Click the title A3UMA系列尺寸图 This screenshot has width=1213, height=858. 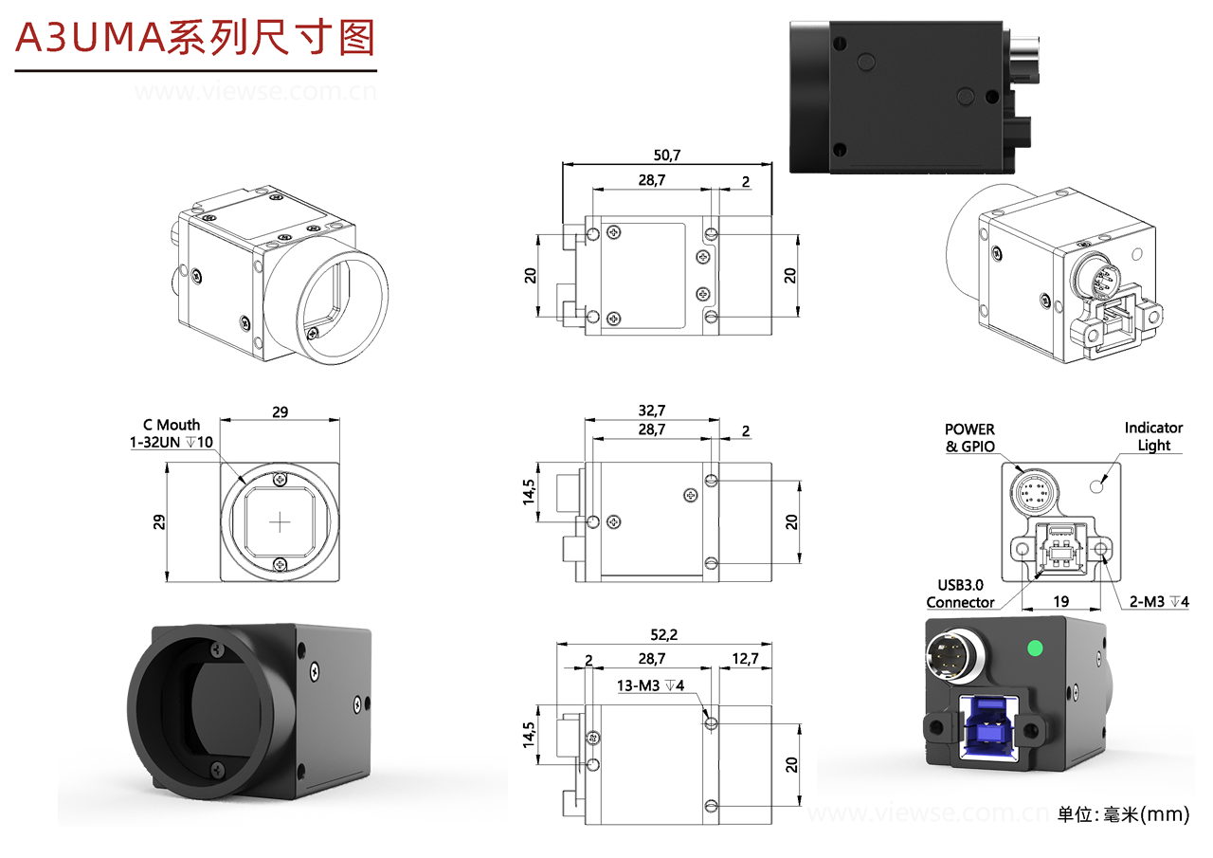(x=195, y=38)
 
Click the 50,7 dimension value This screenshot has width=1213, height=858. (x=667, y=154)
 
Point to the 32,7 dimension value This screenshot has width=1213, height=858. (x=651, y=410)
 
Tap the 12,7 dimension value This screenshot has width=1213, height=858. (x=745, y=658)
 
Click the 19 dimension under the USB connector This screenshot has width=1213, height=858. (x=1061, y=601)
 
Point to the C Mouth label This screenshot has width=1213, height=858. (x=172, y=425)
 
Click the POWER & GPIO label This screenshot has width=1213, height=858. (x=969, y=438)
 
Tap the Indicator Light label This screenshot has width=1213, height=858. (x=1153, y=436)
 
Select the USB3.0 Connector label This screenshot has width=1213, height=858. (x=960, y=593)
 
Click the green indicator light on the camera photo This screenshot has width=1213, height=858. (x=1036, y=649)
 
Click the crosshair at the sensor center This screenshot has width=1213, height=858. (x=281, y=521)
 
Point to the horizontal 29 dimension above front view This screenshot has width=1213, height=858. (x=280, y=412)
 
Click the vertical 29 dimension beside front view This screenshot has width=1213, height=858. (x=159, y=521)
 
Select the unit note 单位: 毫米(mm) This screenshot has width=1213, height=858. (x=1123, y=814)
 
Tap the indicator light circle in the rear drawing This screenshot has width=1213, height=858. (x=1098, y=486)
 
